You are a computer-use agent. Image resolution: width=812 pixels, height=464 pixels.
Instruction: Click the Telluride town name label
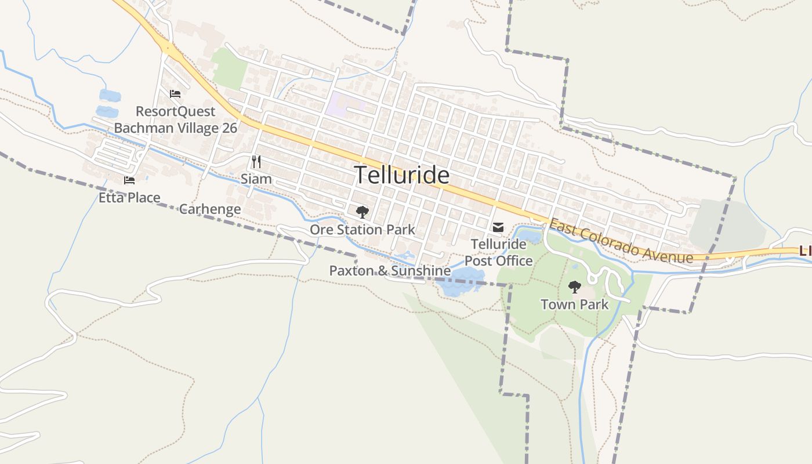[401, 175]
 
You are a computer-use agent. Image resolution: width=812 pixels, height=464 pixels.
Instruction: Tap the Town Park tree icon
[574, 287]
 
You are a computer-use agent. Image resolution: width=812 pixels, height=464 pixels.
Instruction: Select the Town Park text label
[574, 304]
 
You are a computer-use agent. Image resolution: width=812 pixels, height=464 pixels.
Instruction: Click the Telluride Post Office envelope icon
[498, 227]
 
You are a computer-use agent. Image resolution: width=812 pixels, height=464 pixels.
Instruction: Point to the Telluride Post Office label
[498, 252]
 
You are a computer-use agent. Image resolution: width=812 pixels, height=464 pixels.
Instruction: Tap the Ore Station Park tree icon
[362, 212]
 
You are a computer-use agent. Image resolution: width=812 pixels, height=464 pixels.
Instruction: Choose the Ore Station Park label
[362, 230]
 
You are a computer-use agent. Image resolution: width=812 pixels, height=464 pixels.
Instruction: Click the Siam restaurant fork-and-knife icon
[256, 161]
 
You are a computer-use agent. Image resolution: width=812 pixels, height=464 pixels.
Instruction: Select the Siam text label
[256, 179]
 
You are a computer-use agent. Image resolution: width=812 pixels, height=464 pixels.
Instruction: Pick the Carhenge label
[210, 209]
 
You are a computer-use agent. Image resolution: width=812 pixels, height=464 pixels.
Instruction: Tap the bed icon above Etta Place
[129, 180]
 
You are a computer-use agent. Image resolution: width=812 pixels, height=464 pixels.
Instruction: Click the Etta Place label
[129, 198]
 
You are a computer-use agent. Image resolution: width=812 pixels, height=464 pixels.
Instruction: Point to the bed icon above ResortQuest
[175, 94]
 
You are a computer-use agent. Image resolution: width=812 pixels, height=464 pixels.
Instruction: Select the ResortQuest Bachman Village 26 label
[175, 119]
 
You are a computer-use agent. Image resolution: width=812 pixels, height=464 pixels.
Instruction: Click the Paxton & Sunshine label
[390, 271]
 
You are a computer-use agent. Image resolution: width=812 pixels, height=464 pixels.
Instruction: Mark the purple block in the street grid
[342, 104]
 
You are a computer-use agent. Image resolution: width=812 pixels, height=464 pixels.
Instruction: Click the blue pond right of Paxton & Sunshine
[461, 283]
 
